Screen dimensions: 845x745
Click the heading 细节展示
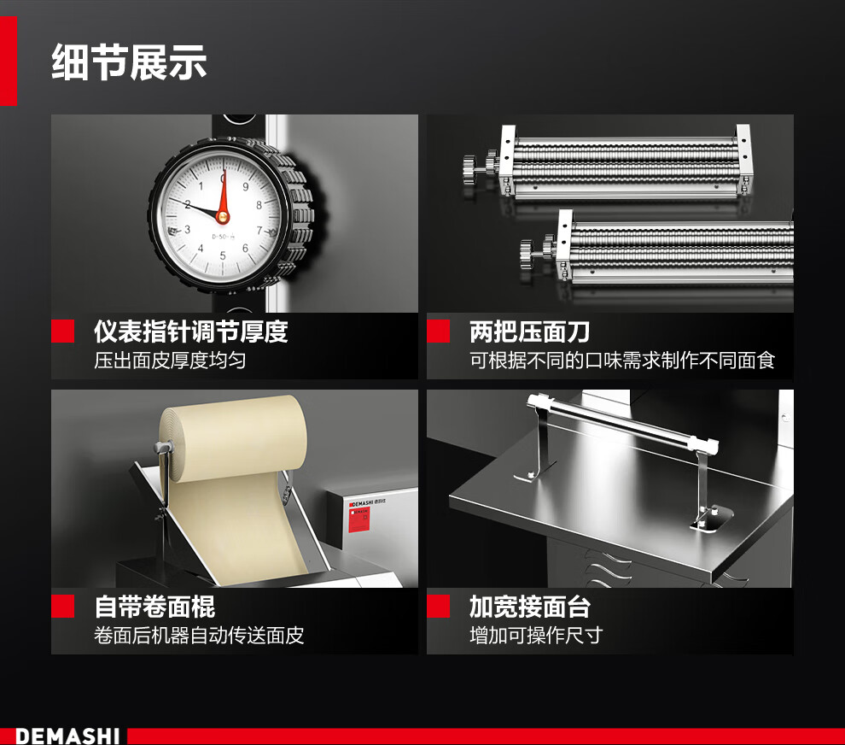coord(129,62)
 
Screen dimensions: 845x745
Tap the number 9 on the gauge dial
coord(245,186)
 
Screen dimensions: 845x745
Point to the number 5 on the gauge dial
coord(223,255)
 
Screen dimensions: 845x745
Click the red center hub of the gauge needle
coord(223,217)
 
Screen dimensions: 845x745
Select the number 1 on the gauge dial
coord(201,186)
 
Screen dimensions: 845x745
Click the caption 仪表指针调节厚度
coord(191,331)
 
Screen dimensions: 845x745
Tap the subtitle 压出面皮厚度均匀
coord(170,361)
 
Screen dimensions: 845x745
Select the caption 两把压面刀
coord(529,331)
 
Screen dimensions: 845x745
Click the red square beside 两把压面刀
coord(438,331)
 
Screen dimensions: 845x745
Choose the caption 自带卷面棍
coord(154,607)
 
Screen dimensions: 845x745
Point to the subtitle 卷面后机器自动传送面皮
coord(199,636)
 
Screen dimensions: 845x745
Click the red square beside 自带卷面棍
coord(62,607)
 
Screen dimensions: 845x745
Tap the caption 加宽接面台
coord(530,607)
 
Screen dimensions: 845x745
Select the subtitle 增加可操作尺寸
coord(536,636)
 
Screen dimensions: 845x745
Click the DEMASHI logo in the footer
coord(67,736)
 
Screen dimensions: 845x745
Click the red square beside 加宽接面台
coord(438,607)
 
